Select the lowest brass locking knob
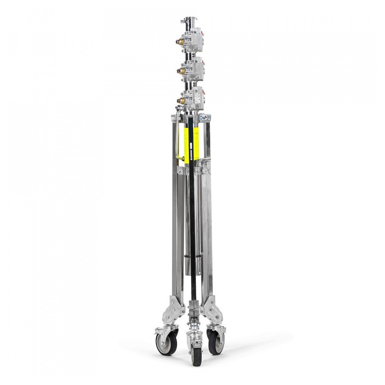(179, 100)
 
